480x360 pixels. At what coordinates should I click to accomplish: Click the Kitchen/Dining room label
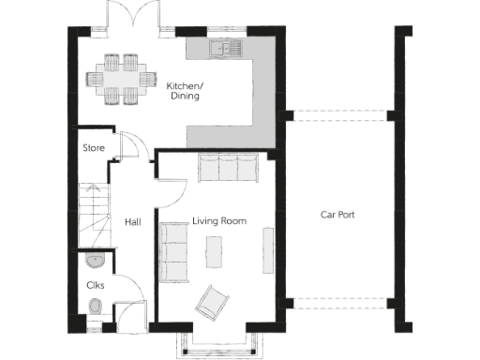(185, 91)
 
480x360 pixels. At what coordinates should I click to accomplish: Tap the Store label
(93, 147)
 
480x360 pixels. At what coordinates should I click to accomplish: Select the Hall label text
(132, 222)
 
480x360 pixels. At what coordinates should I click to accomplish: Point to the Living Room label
(219, 221)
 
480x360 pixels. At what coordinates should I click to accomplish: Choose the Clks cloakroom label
(95, 284)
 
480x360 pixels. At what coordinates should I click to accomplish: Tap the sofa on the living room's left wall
(172, 251)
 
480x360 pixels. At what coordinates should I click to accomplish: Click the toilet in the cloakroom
(95, 307)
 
